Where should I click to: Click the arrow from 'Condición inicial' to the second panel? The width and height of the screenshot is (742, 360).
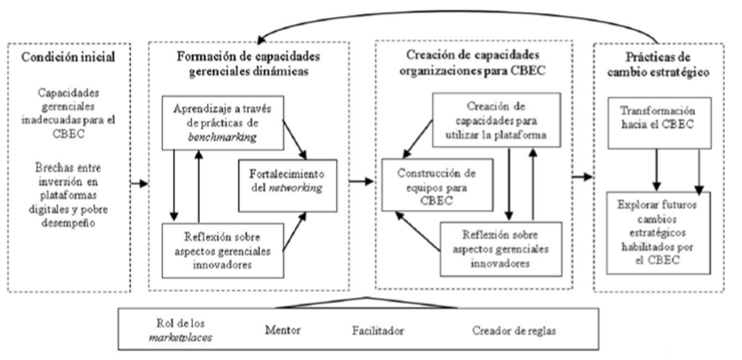click(x=139, y=184)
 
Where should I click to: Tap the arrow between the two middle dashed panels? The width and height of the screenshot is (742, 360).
click(x=359, y=181)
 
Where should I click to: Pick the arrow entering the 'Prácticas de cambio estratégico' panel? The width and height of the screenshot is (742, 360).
click(x=582, y=177)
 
